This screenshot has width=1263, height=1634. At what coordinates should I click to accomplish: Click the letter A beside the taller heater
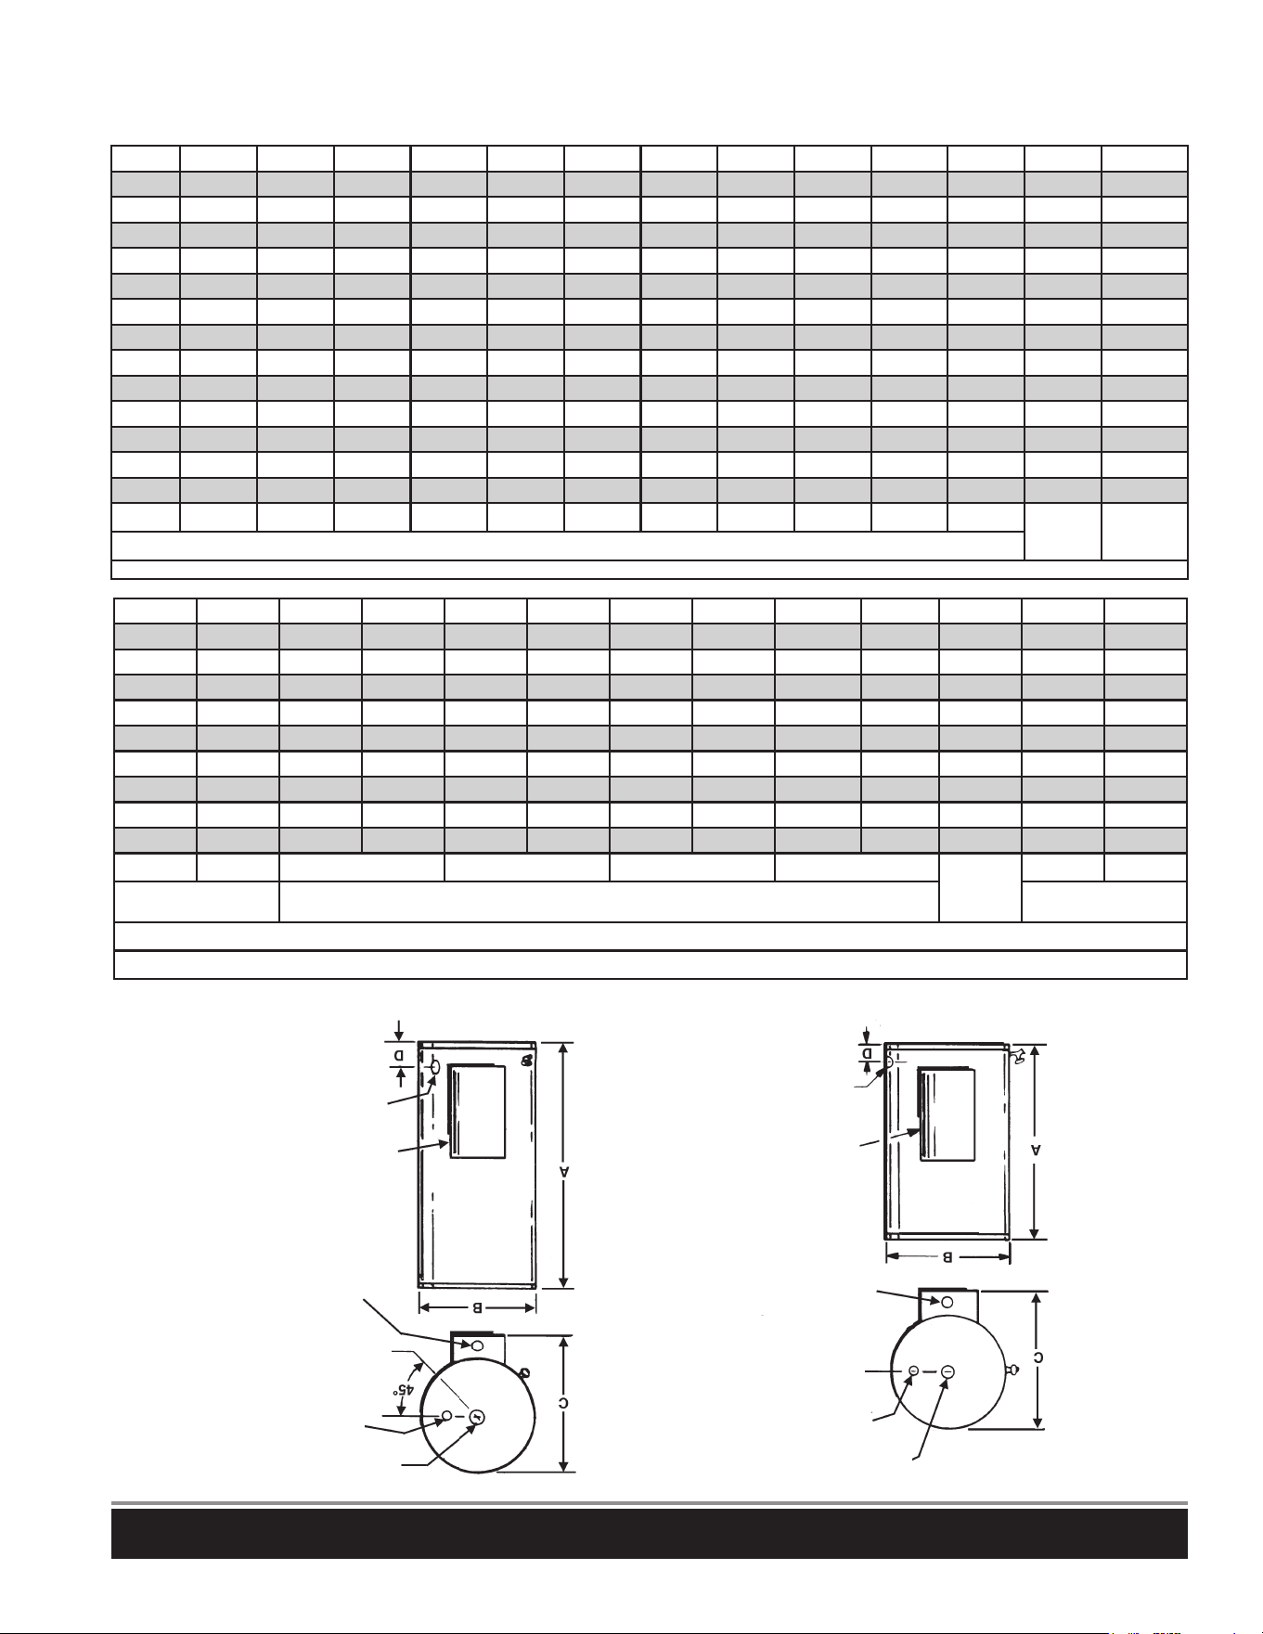562,1172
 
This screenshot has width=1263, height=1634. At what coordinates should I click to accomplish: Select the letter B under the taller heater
477,1307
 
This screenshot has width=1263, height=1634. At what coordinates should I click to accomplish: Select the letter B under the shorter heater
947,1257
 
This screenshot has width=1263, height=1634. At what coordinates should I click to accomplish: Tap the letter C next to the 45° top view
563,1402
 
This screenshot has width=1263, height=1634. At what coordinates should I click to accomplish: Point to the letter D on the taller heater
399,1056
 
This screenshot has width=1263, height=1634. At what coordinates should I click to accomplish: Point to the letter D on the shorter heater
868,1053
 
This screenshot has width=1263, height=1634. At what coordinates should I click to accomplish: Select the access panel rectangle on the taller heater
477,1112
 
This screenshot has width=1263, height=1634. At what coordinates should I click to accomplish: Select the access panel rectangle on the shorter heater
946,1113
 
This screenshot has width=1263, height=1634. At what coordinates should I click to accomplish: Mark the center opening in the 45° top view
477,1416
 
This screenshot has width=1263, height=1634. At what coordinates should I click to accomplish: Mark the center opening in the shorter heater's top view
947,1371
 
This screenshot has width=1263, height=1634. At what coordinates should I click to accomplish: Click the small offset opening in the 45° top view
446,1415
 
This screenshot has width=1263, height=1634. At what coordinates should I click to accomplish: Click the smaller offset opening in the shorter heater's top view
913,1370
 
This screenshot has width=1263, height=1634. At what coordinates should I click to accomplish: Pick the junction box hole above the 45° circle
478,1345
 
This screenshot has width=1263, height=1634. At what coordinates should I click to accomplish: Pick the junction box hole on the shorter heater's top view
947,1303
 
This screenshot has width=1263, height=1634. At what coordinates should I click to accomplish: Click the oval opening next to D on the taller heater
434,1071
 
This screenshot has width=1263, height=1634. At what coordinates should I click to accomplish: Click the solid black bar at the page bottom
650,1534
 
